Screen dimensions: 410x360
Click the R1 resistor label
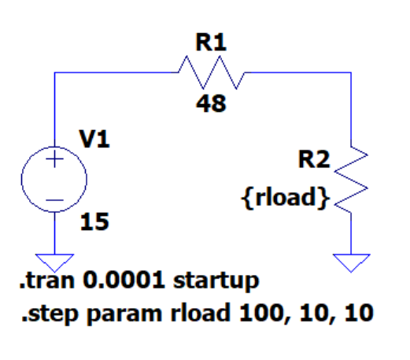[x=211, y=43]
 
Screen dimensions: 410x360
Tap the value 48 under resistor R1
[x=211, y=104]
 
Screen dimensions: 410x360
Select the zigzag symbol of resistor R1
[x=212, y=72]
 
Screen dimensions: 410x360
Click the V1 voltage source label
[x=94, y=139]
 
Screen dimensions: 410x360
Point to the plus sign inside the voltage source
[x=54, y=159]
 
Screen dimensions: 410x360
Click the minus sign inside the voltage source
[x=54, y=200]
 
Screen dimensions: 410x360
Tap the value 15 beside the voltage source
[x=94, y=222]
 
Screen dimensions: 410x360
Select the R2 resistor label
[x=314, y=159]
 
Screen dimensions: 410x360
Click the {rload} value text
[x=285, y=198]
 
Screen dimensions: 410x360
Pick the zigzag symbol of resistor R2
[x=351, y=180]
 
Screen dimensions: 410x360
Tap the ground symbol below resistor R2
[x=351, y=263]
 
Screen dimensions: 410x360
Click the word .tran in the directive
[x=47, y=280]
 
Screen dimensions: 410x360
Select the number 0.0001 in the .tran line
[x=124, y=280]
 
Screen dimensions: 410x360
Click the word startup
[x=216, y=282]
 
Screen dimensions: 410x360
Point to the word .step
[x=50, y=314]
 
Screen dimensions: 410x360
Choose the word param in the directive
[x=124, y=315]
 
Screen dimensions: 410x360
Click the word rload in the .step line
[x=200, y=313]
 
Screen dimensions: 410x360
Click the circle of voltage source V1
[x=22, y=180]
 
